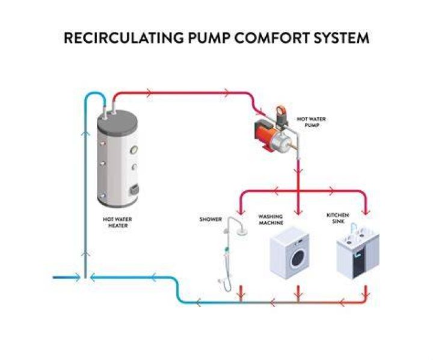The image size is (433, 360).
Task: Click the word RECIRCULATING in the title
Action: pyautogui.click(x=123, y=38)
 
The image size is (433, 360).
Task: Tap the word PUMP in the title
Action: pyautogui.click(x=209, y=38)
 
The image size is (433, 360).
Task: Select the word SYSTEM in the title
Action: pyautogui.click(x=342, y=38)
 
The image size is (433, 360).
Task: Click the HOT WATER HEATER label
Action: pyautogui.click(x=117, y=222)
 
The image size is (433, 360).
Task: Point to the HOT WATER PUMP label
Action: pyautogui.click(x=312, y=122)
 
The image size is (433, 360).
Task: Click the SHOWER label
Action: pyautogui.click(x=210, y=219)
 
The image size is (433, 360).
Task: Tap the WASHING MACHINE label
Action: pyautogui.click(x=271, y=220)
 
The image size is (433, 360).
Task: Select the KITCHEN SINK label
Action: pyautogui.click(x=338, y=218)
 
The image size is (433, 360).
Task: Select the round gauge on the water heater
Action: pyautogui.click(x=134, y=150)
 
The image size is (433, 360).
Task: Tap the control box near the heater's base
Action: pyautogui.click(x=135, y=190)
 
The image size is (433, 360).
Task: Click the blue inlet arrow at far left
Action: pyautogui.click(x=66, y=277)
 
